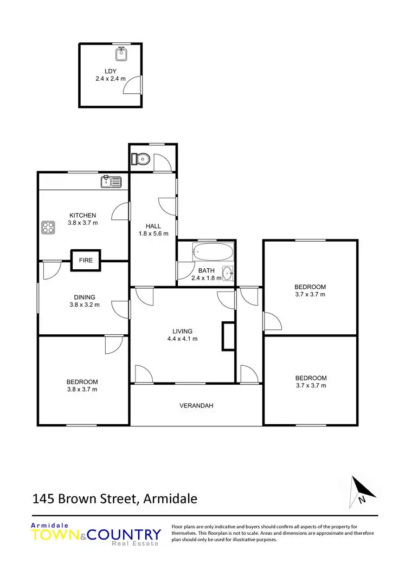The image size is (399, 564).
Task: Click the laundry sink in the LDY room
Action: [121, 54]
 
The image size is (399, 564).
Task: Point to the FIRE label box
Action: [86, 260]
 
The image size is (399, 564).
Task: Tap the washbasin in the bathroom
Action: [227, 273]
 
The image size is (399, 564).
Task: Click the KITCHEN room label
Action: [82, 215]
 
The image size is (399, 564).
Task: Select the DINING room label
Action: [85, 297]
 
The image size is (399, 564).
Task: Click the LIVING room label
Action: [183, 331]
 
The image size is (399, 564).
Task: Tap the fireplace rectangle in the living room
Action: [228, 336]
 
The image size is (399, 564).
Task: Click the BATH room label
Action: [206, 270]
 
